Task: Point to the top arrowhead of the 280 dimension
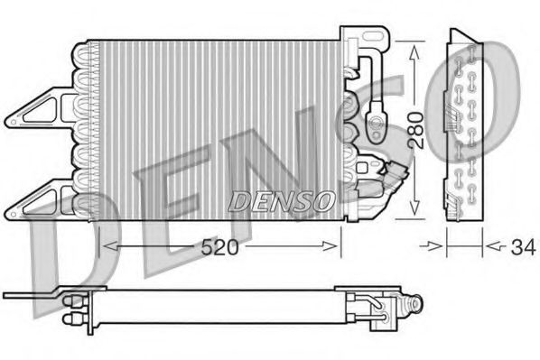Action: click(x=414, y=50)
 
